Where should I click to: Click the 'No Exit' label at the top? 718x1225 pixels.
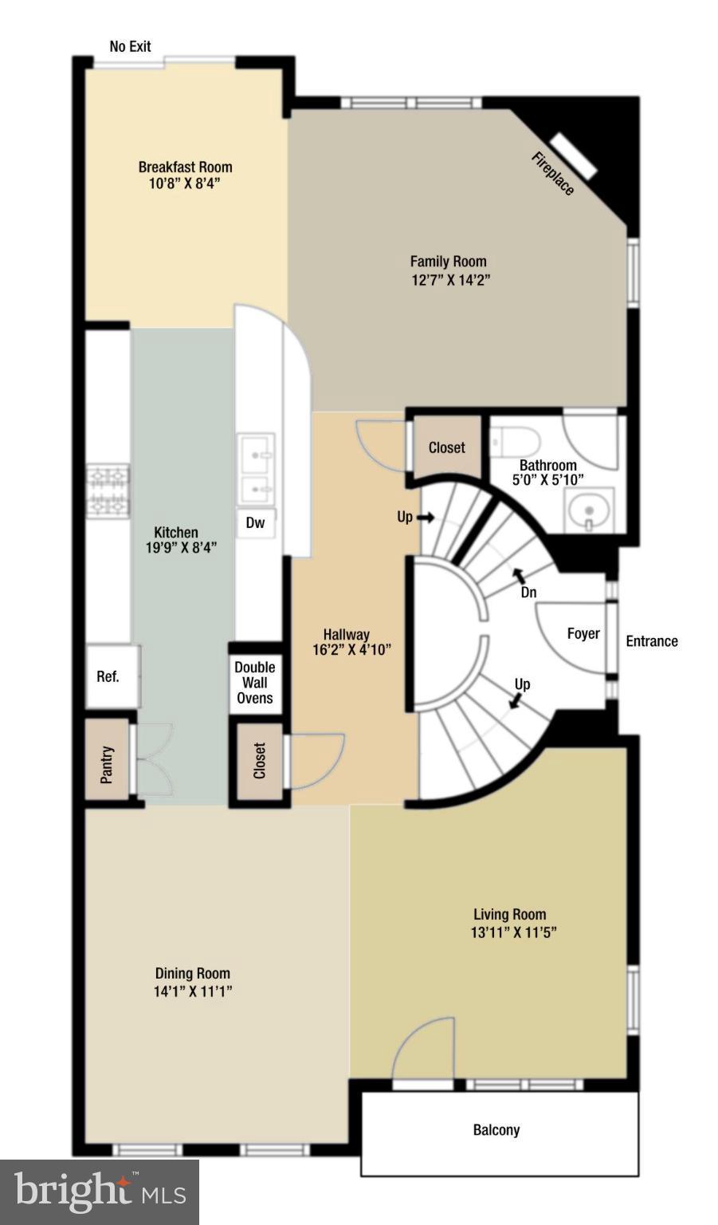coord(130,46)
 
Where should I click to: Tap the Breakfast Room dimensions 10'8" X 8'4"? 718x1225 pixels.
coord(185,184)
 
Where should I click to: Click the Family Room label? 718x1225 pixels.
coord(448,262)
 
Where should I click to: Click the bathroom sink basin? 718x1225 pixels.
coord(589,510)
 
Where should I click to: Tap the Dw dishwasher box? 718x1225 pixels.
coord(255,523)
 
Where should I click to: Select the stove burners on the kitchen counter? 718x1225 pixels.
coord(108,490)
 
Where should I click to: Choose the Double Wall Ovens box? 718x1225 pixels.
coord(255,683)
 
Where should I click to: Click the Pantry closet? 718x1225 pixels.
coord(108,763)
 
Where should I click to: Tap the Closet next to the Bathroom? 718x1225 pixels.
coord(446,447)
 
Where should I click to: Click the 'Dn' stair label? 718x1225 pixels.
coord(528,593)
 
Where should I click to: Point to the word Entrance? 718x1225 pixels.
coord(651,641)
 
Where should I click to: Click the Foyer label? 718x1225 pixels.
coord(583,633)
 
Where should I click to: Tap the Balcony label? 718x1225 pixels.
coord(496,1130)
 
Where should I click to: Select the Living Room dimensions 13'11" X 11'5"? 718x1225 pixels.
coord(513,932)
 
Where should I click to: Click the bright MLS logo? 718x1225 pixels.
coord(100,1192)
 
